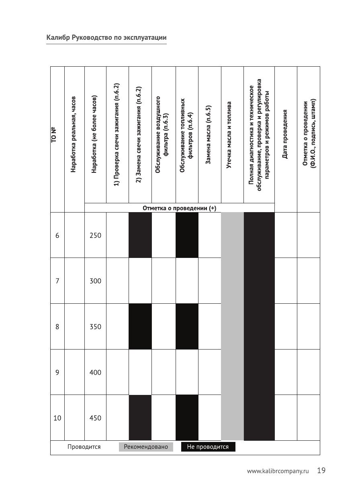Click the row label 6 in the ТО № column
click(57, 235)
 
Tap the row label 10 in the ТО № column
click(57, 418)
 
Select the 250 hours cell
click(95, 235)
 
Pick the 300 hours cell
click(95, 281)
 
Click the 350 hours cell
click(95, 327)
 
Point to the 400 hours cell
click(95, 372)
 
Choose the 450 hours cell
click(95, 418)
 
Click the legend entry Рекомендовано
click(146, 447)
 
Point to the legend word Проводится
click(84, 447)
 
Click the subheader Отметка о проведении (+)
click(179, 208)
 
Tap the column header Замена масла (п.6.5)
click(209, 135)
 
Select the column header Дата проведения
click(285, 133)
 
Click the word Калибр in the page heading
click(58, 38)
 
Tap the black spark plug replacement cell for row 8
click(140, 327)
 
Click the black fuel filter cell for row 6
click(187, 235)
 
